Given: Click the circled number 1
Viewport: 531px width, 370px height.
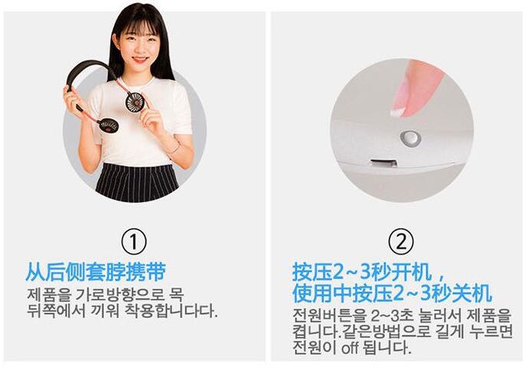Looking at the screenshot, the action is pos(134,242).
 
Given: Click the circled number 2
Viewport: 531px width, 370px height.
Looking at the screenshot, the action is pos(401,242).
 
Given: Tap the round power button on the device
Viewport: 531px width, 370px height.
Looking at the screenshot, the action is pos(410,139).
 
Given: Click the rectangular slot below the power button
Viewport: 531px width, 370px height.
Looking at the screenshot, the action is pos(383,163).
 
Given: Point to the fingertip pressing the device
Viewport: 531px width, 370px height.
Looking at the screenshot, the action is pos(399,110).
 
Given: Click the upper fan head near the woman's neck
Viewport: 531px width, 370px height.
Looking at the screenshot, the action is pos(135,102).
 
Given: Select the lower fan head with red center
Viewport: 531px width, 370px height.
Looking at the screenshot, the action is pos(108,126).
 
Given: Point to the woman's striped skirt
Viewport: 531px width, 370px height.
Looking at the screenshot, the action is pos(137,183).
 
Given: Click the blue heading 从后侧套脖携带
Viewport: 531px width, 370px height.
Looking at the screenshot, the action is pos(96,272).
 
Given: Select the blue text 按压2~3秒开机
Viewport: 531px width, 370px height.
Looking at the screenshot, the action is pos(362,272).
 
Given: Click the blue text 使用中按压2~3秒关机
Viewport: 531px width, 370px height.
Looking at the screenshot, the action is pos(393,293).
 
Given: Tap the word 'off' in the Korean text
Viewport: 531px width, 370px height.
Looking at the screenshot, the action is pos(350,348).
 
